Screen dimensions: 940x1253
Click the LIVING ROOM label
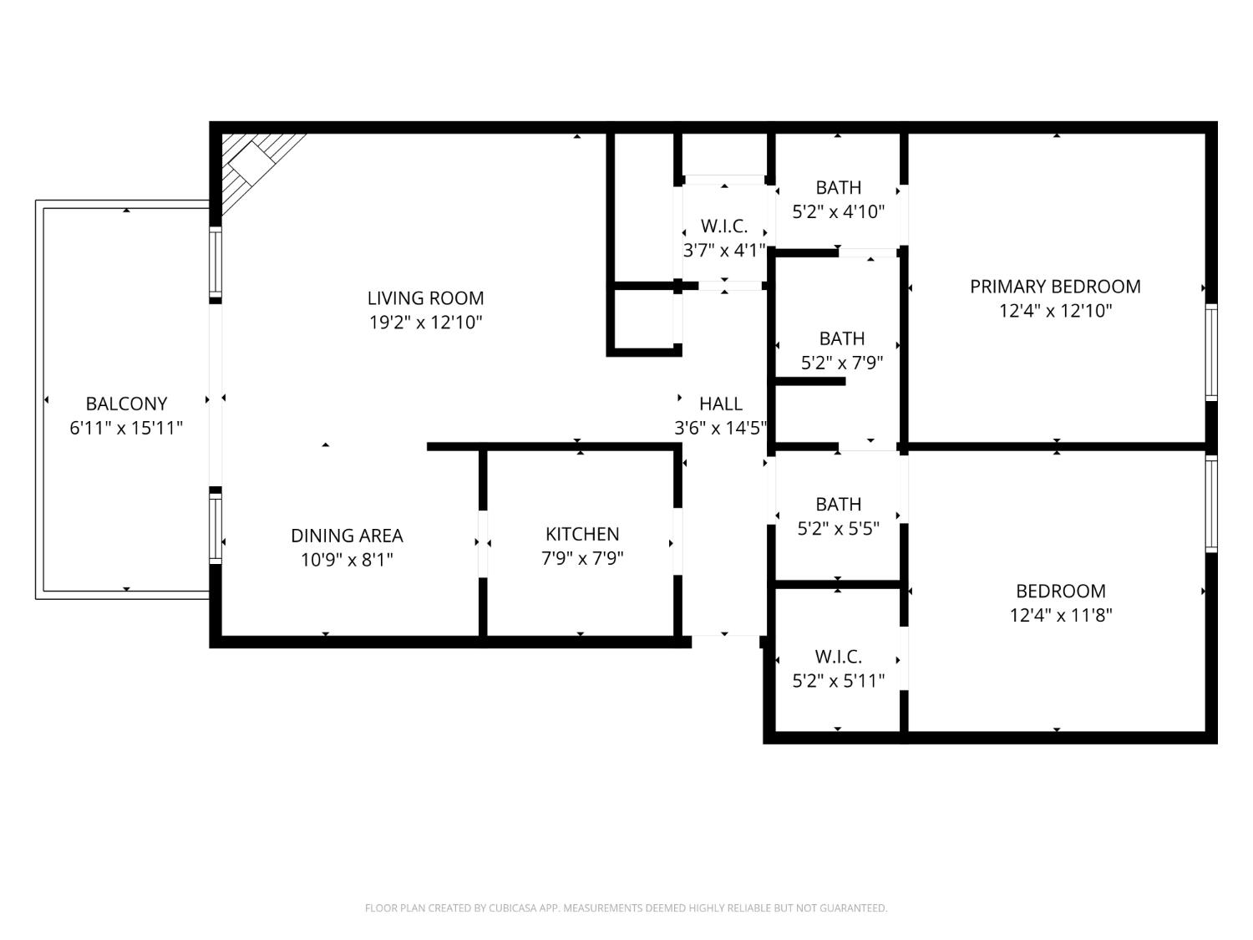coord(425,298)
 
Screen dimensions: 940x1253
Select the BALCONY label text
coord(126,404)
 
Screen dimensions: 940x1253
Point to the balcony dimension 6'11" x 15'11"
coord(126,429)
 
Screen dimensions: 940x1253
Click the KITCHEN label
coord(582,534)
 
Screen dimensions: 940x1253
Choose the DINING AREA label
coord(347,536)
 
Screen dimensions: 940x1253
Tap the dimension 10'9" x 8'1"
coord(347,560)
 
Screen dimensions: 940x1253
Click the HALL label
coord(720,404)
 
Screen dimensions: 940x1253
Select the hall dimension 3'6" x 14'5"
coord(720,429)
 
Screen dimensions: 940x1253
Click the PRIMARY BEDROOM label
coord(1055,287)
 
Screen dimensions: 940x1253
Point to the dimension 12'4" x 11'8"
coord(1060,616)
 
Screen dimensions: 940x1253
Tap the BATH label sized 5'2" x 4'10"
coord(838,188)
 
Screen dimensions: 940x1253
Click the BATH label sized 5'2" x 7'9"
coord(841,338)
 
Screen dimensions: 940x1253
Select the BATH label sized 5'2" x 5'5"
coord(838,505)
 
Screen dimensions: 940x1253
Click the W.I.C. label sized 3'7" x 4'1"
coord(723,226)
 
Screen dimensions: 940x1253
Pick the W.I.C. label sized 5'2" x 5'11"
coord(838,657)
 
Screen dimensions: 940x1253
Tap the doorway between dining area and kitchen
coord(483,543)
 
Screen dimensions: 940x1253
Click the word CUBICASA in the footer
coord(512,908)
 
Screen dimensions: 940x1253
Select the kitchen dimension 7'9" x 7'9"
coord(582,558)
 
